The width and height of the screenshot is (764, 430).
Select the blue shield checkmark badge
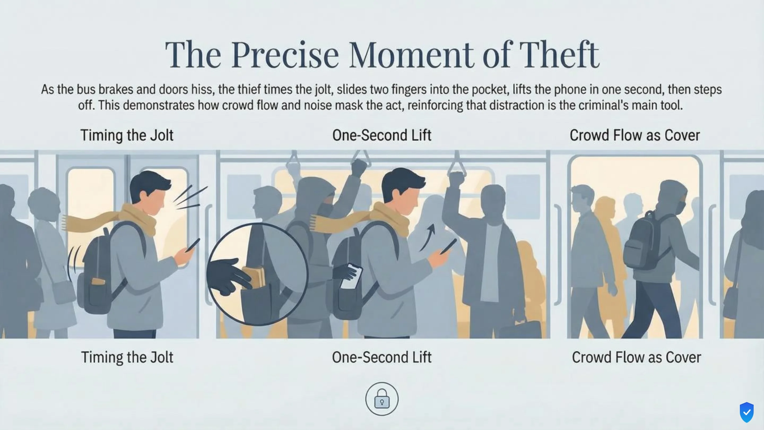point(746,412)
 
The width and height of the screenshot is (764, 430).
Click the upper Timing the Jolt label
point(127,135)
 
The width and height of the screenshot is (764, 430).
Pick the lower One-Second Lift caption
point(382,357)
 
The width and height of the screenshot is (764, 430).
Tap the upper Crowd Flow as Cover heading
point(635,135)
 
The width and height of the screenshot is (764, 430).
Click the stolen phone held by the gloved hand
point(351,276)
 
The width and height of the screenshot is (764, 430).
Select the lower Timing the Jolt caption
point(127,357)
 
